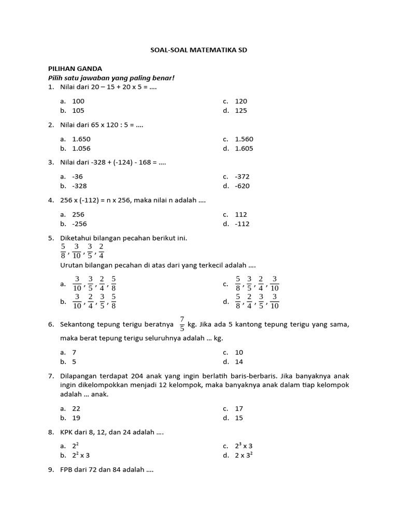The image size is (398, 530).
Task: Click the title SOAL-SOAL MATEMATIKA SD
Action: [199, 50]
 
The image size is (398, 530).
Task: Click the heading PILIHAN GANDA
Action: [75, 68]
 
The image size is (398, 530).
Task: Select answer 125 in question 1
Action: [241, 110]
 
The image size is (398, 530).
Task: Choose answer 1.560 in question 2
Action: [244, 139]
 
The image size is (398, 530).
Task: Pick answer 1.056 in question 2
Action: [81, 148]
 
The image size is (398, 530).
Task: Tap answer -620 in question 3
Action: [242, 186]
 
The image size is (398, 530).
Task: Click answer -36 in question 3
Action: [77, 176]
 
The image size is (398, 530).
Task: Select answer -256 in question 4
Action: [79, 224]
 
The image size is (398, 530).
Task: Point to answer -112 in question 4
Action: [242, 224]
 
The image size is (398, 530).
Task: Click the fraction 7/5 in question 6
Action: [182, 324]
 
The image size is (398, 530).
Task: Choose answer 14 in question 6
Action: [239, 362]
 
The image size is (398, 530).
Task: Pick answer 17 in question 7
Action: [239, 408]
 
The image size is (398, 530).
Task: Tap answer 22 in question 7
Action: [76, 408]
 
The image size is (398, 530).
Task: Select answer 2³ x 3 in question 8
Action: [244, 446]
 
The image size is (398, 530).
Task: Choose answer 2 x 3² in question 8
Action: [244, 455]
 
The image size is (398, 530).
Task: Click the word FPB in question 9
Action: [67, 470]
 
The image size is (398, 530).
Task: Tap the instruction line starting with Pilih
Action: [111, 78]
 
